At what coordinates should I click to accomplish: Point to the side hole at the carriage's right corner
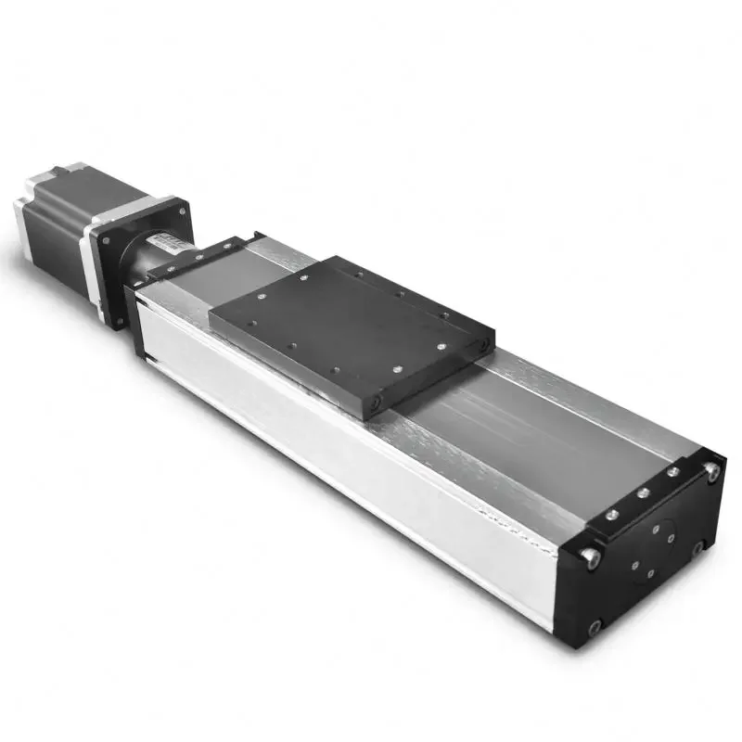(482, 344)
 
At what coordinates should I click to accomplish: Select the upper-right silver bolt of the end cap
(711, 472)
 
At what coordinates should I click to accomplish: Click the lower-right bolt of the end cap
(697, 547)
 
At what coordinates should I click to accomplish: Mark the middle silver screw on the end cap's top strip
(641, 493)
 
